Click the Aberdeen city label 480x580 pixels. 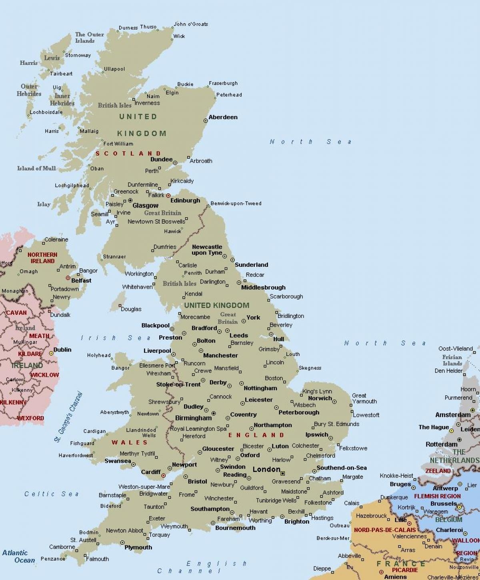223,117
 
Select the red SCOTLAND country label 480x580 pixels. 128,154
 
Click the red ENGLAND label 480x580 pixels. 256,435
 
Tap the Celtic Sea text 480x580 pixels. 52,494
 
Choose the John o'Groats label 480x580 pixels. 191,24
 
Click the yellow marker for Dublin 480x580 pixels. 51,353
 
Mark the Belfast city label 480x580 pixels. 81,281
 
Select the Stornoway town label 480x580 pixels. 78,55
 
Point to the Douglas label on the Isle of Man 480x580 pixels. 131,309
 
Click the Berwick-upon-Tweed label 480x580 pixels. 236,203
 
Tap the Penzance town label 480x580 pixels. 52,559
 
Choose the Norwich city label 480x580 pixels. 320,398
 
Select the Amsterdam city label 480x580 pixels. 453,415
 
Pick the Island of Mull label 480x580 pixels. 36,168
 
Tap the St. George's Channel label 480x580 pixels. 68,417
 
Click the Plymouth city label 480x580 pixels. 138,548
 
